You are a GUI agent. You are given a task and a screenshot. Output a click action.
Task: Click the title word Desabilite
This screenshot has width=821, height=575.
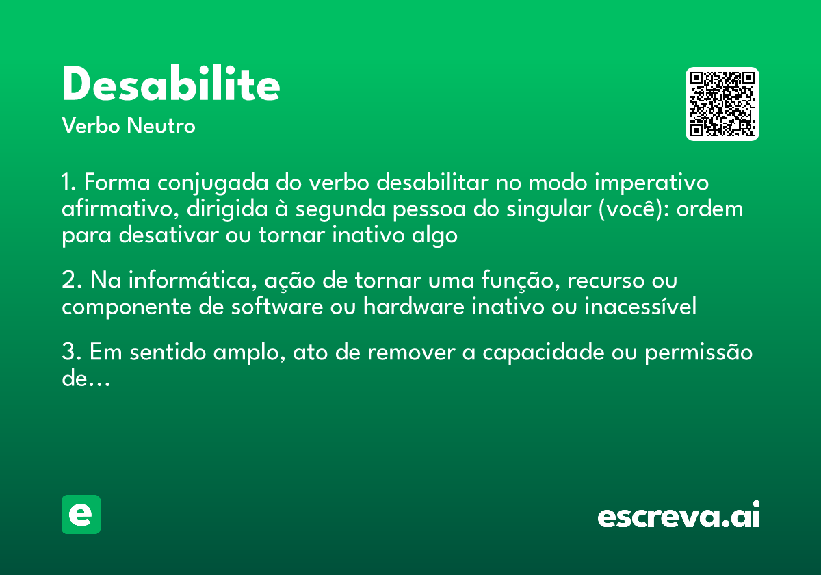click(x=170, y=85)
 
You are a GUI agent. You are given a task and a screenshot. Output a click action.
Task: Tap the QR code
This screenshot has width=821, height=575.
click(x=722, y=104)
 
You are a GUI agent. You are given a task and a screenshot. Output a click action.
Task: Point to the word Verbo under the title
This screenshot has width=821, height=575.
click(x=91, y=126)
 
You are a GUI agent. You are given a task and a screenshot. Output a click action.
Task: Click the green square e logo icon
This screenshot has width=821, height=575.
click(x=81, y=514)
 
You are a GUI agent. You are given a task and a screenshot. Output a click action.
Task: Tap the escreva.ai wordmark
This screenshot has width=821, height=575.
click(x=679, y=516)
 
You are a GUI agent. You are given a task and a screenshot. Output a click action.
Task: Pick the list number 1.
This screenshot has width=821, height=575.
click(x=68, y=183)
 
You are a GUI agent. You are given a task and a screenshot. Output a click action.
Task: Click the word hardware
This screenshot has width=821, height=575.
click(x=415, y=307)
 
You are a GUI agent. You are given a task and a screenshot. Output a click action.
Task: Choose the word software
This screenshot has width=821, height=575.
click(x=276, y=307)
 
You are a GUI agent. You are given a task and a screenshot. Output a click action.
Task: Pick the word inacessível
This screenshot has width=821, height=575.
click(x=640, y=307)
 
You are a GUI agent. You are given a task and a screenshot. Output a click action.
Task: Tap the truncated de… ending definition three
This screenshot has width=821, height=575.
click(x=86, y=379)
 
